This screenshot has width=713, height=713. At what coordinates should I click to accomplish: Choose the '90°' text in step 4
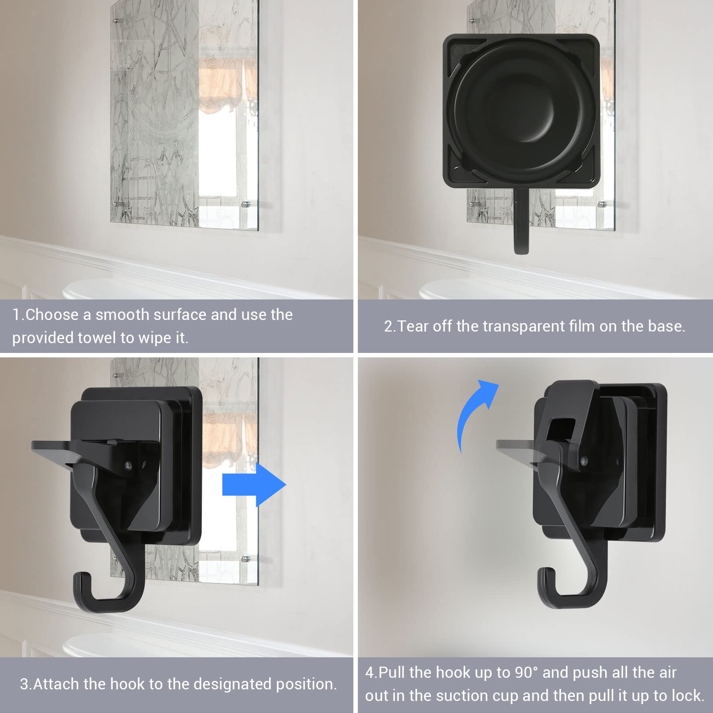coord(525,672)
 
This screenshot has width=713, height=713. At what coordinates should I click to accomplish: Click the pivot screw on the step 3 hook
coord(128,466)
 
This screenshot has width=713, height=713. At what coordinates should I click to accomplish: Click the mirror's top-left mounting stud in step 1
coord(116,20)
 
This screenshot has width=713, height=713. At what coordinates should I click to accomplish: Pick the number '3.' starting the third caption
coord(26,684)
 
